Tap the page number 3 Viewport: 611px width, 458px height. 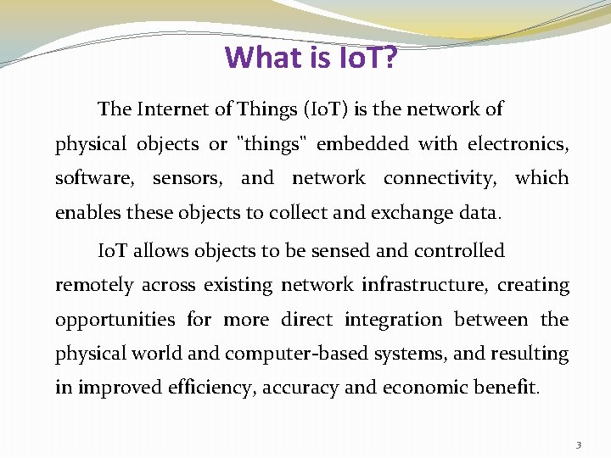pos(578,444)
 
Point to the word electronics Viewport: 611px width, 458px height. pos(518,144)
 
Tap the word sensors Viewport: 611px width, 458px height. pos(188,178)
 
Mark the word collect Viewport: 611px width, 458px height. pos(294,213)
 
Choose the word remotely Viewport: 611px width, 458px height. pos(94,285)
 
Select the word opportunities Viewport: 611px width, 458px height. pos(115,320)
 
